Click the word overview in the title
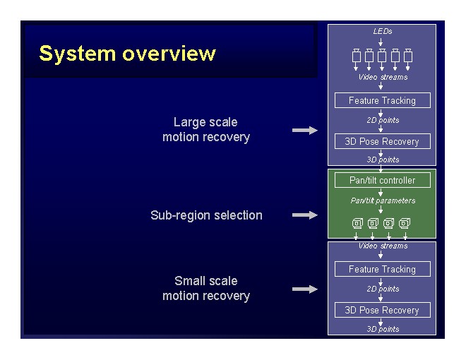coord(169,54)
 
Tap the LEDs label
coord(382,31)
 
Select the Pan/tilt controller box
coord(382,180)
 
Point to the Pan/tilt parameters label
coord(382,200)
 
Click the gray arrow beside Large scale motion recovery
coord(305,130)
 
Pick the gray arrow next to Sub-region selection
coord(305,215)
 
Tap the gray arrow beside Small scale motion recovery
coord(305,289)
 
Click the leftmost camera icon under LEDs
coord(357,55)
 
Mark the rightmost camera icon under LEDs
coord(408,55)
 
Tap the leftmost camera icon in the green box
coord(357,224)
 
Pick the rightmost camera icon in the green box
coord(405,224)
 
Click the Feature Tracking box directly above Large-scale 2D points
coord(382,100)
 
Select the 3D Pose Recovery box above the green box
coord(382,141)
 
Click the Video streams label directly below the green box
coord(382,246)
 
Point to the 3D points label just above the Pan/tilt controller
coord(382,160)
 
